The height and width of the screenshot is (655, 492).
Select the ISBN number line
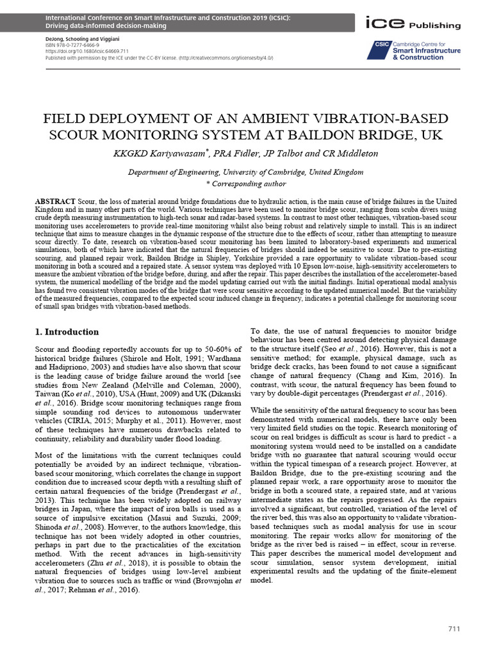pyautogui.click(x=63, y=46)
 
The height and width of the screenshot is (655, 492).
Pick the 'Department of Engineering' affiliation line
pyautogui.click(x=245, y=172)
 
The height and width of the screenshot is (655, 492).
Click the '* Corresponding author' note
pyautogui.click(x=245, y=183)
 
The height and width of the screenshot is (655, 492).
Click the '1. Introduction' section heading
pyautogui.click(x=65, y=332)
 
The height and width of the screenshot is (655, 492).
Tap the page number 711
pyautogui.click(x=454, y=629)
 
